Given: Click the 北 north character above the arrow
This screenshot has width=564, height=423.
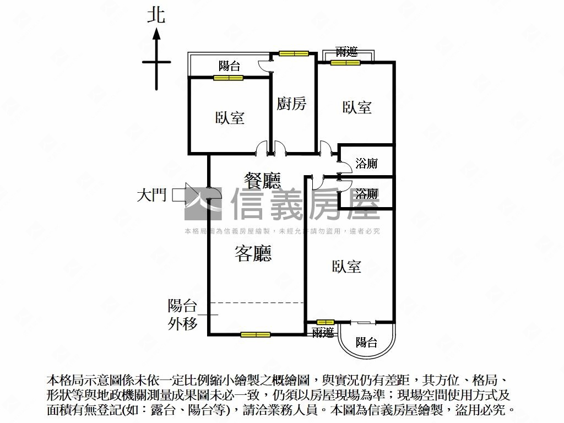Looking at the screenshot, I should pos(156,15).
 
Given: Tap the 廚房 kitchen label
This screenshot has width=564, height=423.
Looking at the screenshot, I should pos(291,103).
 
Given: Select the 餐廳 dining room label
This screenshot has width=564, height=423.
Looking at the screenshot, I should pos(263,180).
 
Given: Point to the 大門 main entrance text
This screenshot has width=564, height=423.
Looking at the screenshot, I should pos(151,196).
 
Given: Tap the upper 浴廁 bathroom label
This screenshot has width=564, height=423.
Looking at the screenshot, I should pos(366,163).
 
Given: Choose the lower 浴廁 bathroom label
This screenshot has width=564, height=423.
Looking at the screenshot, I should pos(366,194).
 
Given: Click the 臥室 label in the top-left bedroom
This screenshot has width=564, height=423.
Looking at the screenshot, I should pos(230,117).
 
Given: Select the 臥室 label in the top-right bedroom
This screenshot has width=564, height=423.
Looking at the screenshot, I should pos(357,107).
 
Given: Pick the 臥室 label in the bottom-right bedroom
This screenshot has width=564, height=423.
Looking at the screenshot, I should pos(346,267).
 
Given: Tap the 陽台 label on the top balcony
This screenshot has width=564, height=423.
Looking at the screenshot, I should pos(230,67).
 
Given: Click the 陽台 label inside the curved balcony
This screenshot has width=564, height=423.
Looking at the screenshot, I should pos(366,343).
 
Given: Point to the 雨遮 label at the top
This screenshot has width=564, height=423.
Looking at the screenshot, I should pos(346,52).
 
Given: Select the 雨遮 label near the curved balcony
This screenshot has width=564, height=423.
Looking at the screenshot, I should pos(323,332).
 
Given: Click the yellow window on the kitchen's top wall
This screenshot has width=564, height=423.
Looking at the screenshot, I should pos(293,53).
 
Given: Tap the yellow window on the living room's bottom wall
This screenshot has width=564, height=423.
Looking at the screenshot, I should pos(256,334).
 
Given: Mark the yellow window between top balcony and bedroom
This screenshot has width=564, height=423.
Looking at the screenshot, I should pos(228,78).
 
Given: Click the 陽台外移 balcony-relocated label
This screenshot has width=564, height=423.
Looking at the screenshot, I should pos(182,314).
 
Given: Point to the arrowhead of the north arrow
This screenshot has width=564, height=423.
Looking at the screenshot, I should pos(156,34).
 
